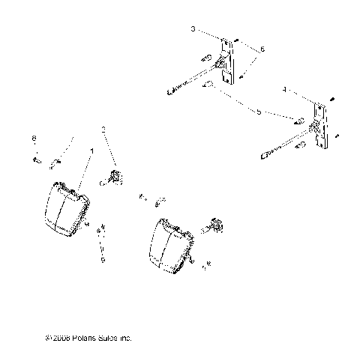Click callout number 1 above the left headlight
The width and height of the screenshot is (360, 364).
pos(91,151)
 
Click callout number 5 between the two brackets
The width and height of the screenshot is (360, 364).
pos(258,112)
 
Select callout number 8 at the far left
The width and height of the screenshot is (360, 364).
pos(34,139)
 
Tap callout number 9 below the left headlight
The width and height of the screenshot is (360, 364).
pos(103,260)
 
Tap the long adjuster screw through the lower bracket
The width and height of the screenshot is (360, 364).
pos(285,146)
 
